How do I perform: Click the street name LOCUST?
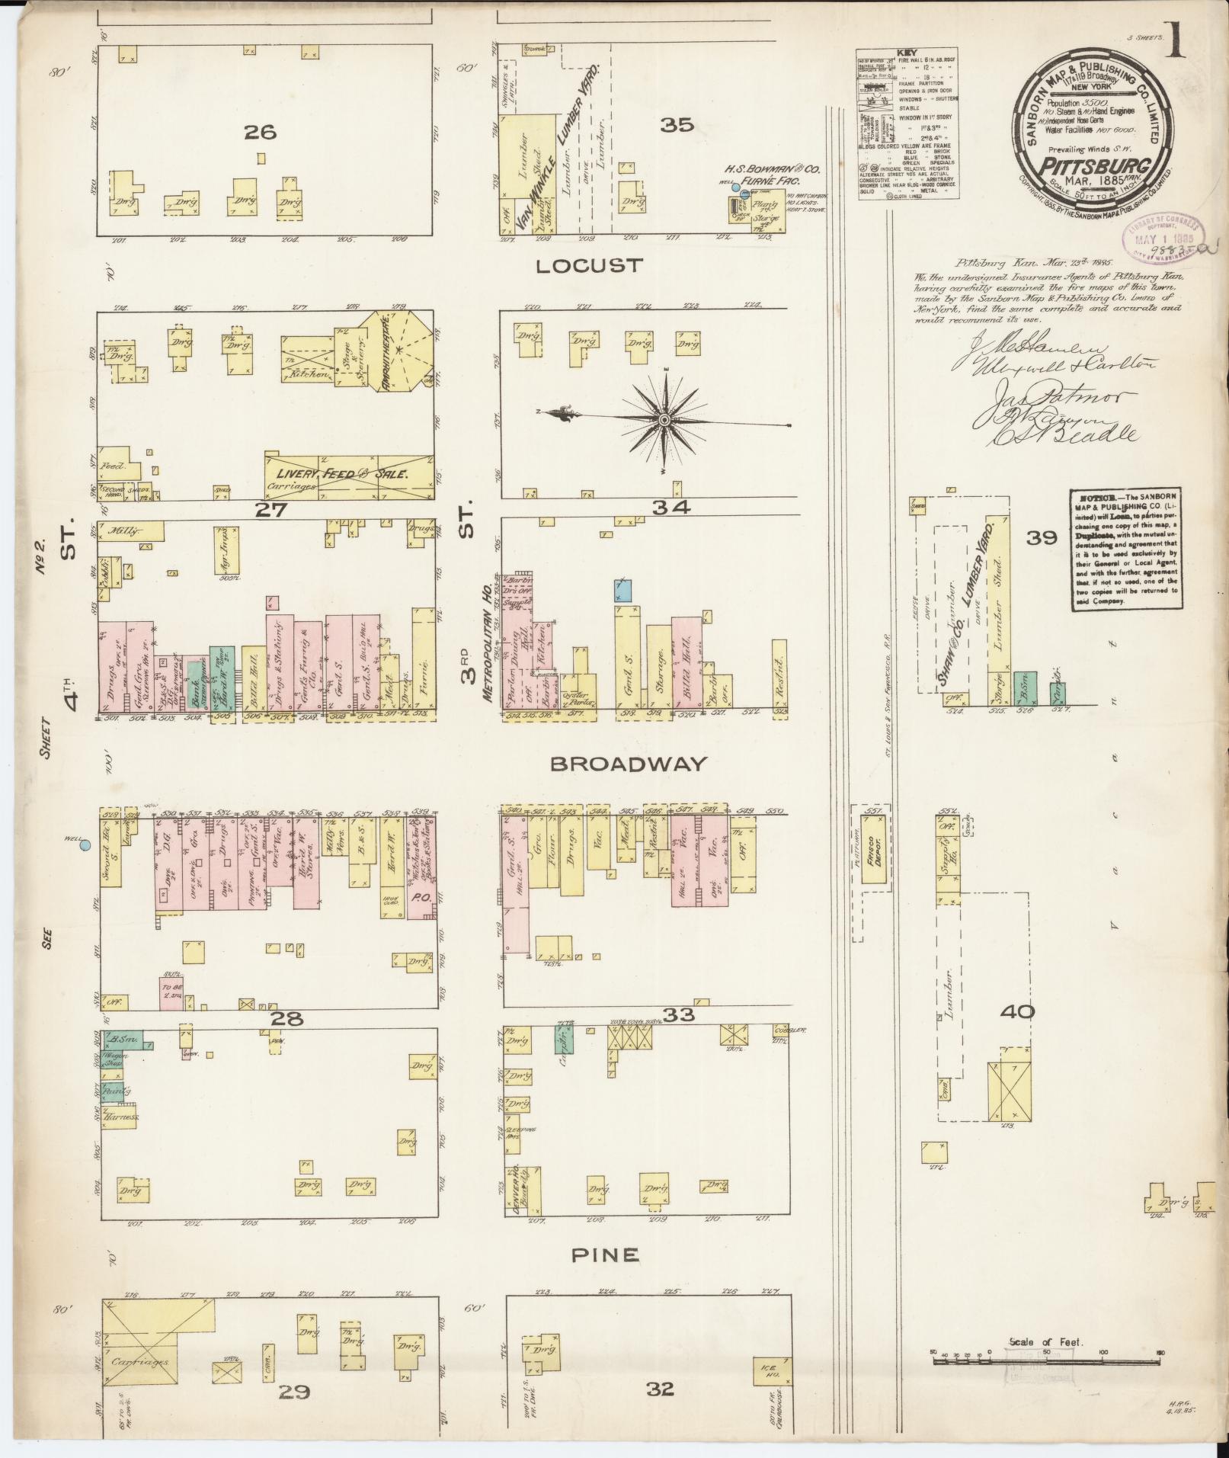click(589, 266)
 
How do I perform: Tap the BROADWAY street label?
click(628, 763)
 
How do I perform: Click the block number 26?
click(260, 133)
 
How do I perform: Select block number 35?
click(677, 124)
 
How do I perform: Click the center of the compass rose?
click(664, 420)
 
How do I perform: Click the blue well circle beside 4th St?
click(85, 844)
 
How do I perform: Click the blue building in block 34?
click(623, 590)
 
